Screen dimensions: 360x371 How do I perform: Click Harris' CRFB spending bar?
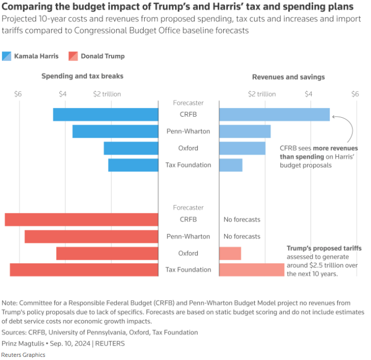[x=105, y=115]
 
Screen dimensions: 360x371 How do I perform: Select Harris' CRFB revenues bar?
[x=274, y=115]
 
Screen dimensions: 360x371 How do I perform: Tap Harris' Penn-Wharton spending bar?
[x=115, y=132]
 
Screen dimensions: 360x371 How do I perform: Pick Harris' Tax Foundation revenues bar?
[x=231, y=165]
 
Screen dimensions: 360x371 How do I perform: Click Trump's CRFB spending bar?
[x=82, y=220]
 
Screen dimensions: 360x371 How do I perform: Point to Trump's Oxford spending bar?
[x=107, y=254]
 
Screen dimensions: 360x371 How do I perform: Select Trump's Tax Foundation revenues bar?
[x=252, y=270]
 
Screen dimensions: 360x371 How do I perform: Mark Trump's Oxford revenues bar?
[x=230, y=254]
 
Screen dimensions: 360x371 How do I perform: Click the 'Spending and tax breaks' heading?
[x=82, y=76]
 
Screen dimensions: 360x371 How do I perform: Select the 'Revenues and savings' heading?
[x=288, y=77]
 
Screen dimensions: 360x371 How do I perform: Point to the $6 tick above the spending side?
[x=18, y=94]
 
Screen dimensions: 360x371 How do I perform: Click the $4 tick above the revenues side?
[x=308, y=94]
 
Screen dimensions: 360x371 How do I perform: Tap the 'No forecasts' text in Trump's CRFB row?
[x=242, y=220]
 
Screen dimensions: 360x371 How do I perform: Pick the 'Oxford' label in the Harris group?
[x=188, y=148]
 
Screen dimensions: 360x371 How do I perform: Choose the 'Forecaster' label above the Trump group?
[x=188, y=208]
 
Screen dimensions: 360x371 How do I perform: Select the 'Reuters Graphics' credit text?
[x=23, y=355]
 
